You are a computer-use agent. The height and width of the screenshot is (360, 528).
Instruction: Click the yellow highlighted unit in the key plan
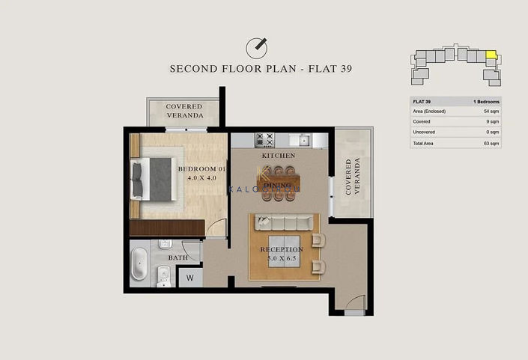point(491,55)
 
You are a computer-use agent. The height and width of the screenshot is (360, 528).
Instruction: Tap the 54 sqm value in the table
point(492,111)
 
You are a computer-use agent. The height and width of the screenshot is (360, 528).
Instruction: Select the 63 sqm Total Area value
point(491,142)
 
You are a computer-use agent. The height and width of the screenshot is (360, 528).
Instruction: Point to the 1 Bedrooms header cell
point(486,101)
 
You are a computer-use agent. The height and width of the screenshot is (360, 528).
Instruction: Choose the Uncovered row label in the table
point(424,132)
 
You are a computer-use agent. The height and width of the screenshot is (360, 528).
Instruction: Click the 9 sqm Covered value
point(494,121)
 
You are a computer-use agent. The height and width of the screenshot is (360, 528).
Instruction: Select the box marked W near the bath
point(189,277)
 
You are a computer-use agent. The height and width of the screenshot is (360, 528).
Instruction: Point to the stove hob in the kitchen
point(264,139)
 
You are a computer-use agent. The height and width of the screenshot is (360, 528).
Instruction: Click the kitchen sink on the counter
point(304,139)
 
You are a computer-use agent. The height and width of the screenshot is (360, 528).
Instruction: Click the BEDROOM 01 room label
point(201,169)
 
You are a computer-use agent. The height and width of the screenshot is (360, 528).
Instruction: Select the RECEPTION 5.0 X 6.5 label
point(282,254)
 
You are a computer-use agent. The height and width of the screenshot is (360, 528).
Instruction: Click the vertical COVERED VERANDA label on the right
point(352,177)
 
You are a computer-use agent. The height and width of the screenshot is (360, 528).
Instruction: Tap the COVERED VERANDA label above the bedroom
point(184,112)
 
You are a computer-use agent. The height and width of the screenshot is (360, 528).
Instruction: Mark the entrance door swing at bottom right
point(354,302)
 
